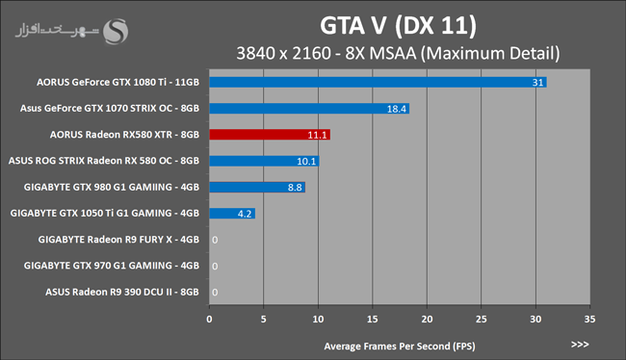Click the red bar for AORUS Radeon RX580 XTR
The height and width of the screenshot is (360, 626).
tap(270, 135)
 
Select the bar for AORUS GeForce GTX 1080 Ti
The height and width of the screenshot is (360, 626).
tap(378, 82)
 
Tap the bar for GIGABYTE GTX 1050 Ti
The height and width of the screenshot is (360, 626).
tap(232, 214)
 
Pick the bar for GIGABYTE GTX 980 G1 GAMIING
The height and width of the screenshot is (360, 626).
tap(257, 187)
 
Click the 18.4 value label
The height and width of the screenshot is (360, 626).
tap(397, 109)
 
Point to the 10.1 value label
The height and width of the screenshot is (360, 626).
tap(306, 162)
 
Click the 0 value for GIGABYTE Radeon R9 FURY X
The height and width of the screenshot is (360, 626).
tap(215, 240)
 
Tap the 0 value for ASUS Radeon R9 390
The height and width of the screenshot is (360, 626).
tap(215, 293)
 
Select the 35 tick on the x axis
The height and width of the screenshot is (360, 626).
tap(589, 320)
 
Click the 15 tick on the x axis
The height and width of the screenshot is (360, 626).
tap(372, 320)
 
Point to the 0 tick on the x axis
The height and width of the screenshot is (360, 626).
tap(209, 320)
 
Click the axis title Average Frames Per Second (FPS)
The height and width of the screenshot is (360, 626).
tap(400, 346)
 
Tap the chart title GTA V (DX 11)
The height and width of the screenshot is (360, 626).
tap(398, 26)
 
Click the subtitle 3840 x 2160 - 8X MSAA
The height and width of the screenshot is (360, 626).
tap(326, 54)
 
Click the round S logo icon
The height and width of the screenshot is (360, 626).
tap(116, 32)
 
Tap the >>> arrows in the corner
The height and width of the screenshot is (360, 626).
tap(580, 345)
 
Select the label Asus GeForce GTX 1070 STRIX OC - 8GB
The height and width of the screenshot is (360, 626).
tap(110, 108)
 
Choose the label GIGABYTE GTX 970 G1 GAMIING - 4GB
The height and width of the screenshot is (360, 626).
tap(112, 266)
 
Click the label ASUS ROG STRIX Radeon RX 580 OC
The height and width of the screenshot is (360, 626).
tap(91, 161)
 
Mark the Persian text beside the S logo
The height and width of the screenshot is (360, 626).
tap(57, 31)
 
